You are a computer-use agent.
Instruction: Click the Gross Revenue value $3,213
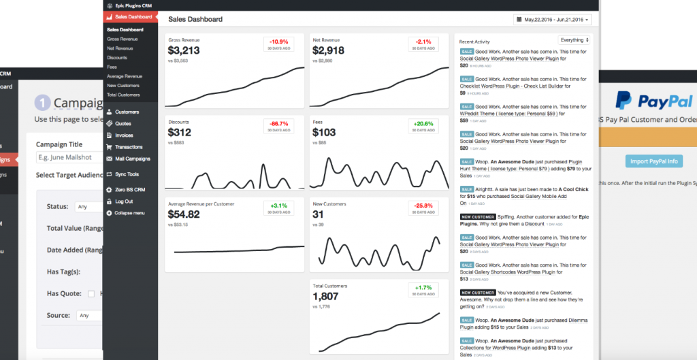click(184, 51)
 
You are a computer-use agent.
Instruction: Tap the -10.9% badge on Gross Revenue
click(278, 44)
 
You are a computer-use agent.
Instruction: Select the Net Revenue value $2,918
click(328, 51)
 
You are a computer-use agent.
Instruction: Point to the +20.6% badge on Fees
click(423, 126)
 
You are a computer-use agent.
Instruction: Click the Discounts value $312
click(180, 133)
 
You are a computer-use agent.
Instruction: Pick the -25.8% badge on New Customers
click(423, 208)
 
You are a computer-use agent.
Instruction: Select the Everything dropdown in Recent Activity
click(574, 40)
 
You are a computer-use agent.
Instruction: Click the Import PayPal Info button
click(653, 161)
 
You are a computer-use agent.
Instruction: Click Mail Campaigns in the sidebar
click(132, 159)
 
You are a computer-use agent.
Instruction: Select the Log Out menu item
click(124, 201)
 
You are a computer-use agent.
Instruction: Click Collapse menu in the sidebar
click(129, 213)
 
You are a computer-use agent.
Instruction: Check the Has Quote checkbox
click(91, 294)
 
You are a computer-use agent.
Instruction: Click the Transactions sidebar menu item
click(129, 147)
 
